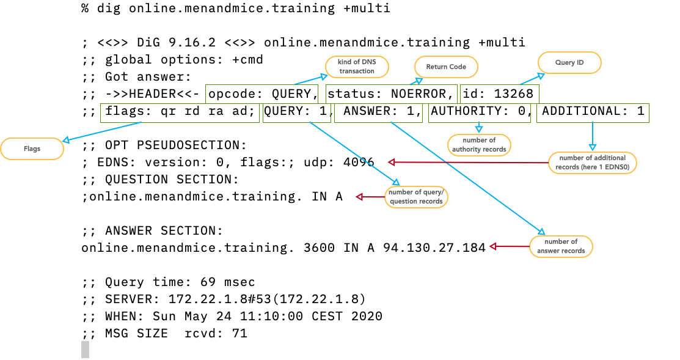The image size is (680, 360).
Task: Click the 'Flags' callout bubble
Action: click(x=32, y=149)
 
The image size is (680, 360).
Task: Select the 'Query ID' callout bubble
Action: click(x=569, y=62)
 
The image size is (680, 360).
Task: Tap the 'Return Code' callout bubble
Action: click(x=446, y=67)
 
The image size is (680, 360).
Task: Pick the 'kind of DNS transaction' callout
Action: click(x=357, y=67)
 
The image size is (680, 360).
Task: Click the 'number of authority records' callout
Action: click(x=479, y=145)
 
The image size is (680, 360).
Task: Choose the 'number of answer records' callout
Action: click(x=561, y=246)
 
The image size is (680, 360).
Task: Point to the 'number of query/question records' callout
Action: click(x=416, y=197)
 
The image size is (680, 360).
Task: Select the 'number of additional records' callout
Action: click(x=593, y=163)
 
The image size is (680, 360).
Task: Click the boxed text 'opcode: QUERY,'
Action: click(x=262, y=94)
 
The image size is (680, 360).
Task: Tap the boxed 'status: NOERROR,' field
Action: click(x=392, y=94)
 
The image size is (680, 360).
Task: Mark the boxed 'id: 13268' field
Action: click(x=500, y=94)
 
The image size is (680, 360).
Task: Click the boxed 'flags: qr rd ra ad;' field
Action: click(x=180, y=113)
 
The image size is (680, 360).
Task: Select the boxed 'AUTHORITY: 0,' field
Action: click(x=479, y=113)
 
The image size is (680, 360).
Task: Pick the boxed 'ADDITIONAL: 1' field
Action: click(x=593, y=113)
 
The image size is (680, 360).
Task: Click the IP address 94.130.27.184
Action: click(x=434, y=248)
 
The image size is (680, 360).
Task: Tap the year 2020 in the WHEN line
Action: click(x=367, y=316)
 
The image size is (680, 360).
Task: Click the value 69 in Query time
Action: click(x=208, y=282)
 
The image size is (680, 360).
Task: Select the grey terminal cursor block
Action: click(x=85, y=350)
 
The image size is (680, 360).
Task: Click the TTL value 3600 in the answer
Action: click(x=319, y=248)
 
